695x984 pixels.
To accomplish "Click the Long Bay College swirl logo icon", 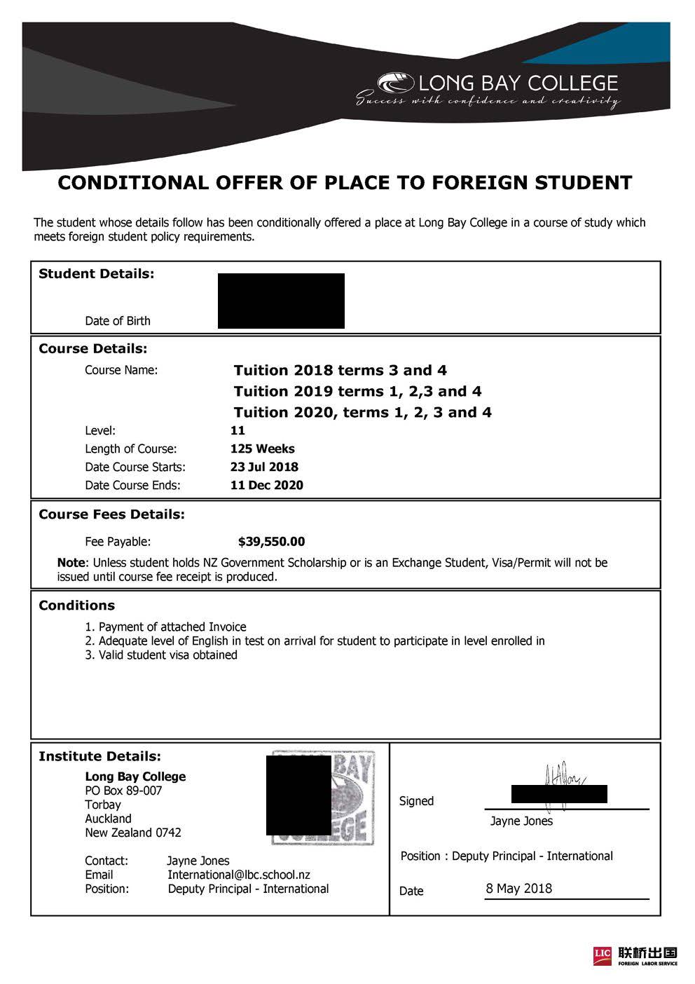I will coord(396,84).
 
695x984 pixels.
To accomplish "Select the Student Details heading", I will coord(96,274).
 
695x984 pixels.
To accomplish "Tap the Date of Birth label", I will coord(118,321).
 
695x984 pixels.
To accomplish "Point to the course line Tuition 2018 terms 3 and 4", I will coord(340,370).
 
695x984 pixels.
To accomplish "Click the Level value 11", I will coord(238,430).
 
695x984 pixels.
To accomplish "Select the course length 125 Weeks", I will coord(262,449).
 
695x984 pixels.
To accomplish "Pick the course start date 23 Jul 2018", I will coord(264,467).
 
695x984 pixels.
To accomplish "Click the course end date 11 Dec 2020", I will coord(266,485).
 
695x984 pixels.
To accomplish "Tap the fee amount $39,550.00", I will coord(271,542).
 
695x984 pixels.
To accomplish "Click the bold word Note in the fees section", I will coord(70,563).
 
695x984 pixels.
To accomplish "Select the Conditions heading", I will coord(76,606).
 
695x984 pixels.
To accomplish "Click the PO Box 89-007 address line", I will coord(123,791).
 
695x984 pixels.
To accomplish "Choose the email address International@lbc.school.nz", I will coord(238,875).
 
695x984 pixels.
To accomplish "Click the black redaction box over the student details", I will coord(281,301).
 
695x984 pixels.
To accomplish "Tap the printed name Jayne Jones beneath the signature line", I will coord(521,821).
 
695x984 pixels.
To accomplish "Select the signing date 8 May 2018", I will coord(518,889).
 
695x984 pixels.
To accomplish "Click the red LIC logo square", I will coord(603,953).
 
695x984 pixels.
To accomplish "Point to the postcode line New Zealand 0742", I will coord(133,833).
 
